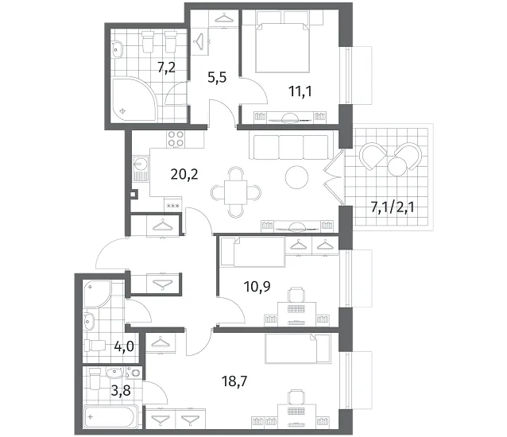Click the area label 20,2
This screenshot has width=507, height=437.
184,175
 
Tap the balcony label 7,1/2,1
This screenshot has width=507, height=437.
393,207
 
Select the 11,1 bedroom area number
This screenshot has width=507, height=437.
300,91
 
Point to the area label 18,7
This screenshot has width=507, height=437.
234,381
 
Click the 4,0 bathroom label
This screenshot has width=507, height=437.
124,346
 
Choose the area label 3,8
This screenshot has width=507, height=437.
121,391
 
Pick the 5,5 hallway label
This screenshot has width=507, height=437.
217,78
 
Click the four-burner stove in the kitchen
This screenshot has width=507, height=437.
176,139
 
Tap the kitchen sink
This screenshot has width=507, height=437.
141,168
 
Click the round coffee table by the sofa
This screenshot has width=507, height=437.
297,177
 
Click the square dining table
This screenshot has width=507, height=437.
236,192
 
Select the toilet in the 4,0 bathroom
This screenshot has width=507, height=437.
95,346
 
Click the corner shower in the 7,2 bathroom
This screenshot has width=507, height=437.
134,99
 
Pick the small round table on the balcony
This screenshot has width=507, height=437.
397,166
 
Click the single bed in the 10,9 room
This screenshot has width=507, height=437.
253,252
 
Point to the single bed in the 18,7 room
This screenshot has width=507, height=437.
298,349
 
